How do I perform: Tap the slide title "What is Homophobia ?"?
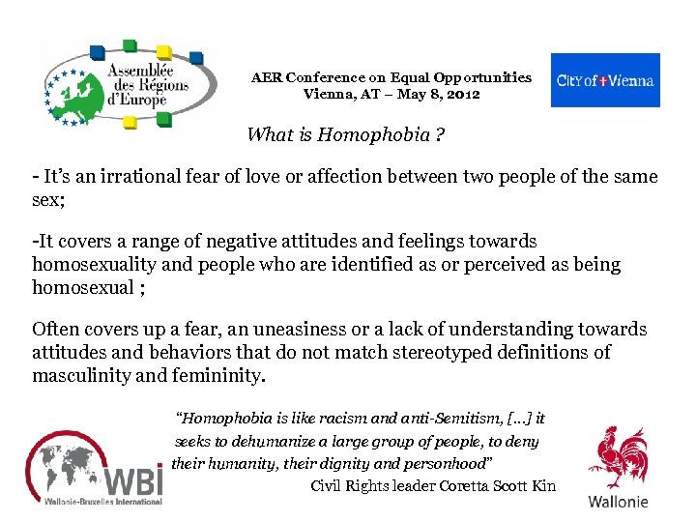coord(346,134)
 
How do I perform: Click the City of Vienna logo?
coord(605,80)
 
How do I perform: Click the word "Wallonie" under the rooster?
coord(619,502)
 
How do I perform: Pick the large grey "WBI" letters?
coord(132,479)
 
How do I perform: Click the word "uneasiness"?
coord(308,329)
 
